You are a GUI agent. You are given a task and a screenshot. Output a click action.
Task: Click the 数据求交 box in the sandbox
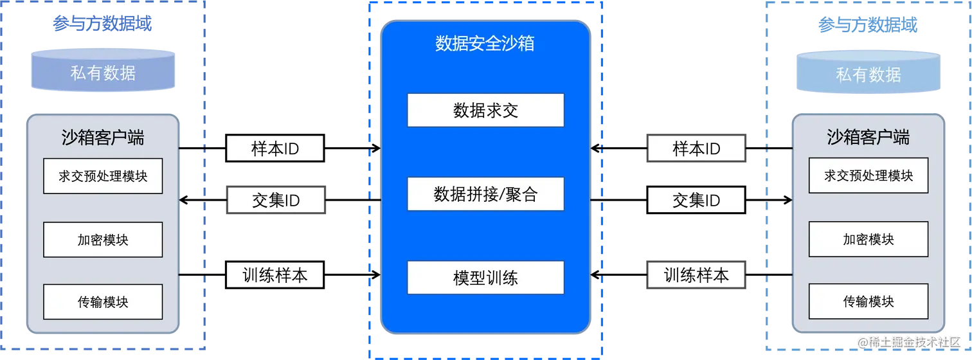point(485,110)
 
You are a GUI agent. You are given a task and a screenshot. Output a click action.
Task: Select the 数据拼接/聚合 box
point(485,194)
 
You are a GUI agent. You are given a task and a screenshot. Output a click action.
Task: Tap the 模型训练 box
point(485,277)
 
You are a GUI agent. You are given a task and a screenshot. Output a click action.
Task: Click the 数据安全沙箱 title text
point(485,44)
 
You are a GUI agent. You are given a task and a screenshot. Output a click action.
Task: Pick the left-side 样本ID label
point(274,149)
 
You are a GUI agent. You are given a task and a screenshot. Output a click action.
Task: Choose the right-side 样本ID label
point(696,149)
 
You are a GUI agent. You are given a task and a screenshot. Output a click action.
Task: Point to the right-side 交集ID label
point(696,201)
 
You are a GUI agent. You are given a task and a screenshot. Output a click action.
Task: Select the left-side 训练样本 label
point(274,276)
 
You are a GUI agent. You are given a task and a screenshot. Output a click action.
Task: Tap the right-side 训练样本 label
point(696,276)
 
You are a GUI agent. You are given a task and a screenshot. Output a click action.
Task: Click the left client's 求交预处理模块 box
point(103,175)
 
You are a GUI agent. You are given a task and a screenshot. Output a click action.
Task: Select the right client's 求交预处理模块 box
point(868,175)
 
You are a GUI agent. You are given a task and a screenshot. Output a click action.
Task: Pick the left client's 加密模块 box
point(103,240)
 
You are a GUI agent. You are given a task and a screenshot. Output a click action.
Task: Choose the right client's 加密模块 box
point(868,239)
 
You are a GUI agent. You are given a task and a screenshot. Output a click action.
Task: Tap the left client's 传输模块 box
point(103,301)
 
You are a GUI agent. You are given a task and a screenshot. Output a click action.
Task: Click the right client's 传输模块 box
point(868,301)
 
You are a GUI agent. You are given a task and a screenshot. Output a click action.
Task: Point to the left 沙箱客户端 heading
point(103,137)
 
